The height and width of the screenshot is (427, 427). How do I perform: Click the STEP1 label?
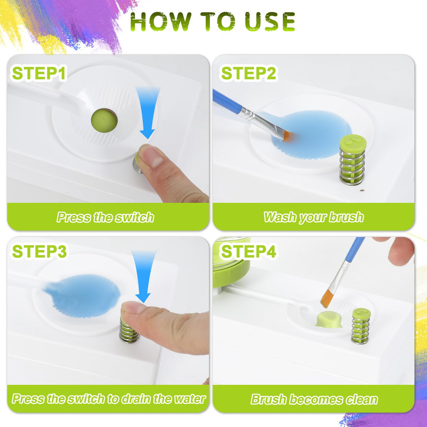(39, 74)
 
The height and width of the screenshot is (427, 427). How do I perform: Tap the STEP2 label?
(248, 74)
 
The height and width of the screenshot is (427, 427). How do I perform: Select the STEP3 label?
(39, 251)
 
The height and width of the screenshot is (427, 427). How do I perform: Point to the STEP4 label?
(248, 251)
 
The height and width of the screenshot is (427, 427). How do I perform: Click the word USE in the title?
(270, 22)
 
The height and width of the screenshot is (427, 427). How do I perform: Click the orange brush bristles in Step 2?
(287, 136)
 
